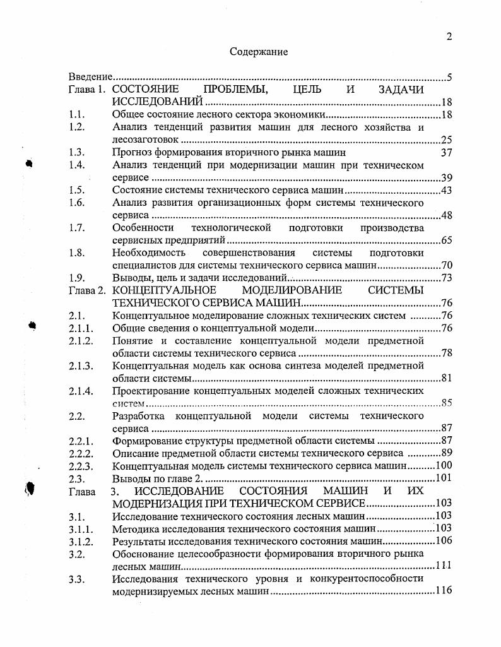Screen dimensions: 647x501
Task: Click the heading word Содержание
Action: [x=259, y=52]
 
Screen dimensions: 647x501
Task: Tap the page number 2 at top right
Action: [x=449, y=37]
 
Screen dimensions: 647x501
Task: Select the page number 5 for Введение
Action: [x=449, y=78]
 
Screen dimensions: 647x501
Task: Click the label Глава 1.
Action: [x=87, y=90]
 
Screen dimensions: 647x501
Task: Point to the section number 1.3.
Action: [x=76, y=152]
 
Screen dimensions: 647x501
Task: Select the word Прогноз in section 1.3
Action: [x=131, y=152]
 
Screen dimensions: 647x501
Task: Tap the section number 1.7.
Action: [x=76, y=227]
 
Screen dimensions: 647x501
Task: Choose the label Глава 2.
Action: [x=87, y=290]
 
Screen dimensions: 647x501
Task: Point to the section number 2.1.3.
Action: [x=81, y=365]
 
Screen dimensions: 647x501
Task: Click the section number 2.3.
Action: [x=76, y=478]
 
